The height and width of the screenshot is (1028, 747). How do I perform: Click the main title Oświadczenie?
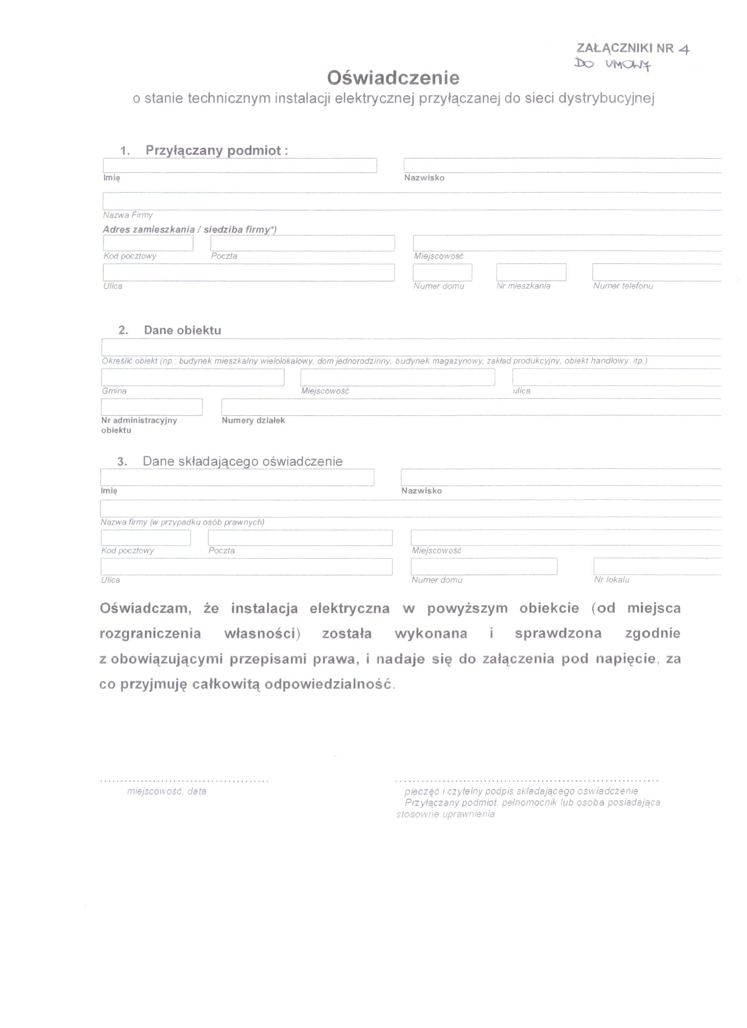tap(393, 78)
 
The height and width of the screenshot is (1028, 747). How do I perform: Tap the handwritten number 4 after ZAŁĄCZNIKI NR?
tap(684, 49)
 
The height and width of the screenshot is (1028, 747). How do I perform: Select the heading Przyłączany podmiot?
tap(216, 151)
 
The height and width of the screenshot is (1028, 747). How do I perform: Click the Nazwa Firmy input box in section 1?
tap(412, 201)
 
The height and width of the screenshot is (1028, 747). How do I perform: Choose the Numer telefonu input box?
tap(656, 272)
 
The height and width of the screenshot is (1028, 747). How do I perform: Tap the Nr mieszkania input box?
tap(531, 272)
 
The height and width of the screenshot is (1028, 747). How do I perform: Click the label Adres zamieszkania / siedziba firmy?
tap(189, 229)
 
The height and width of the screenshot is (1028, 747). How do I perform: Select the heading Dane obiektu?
tap(182, 330)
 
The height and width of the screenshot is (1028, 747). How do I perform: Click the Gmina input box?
tap(192, 377)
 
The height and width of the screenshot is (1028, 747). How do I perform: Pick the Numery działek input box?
tap(471, 407)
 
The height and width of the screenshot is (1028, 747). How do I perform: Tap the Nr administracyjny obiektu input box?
tap(152, 407)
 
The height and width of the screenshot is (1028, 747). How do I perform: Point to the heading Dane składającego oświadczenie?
tap(243, 461)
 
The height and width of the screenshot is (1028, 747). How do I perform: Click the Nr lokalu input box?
tap(657, 567)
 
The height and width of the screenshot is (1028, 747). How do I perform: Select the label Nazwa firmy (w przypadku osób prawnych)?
tap(182, 522)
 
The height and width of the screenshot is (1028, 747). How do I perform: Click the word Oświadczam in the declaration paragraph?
tap(145, 608)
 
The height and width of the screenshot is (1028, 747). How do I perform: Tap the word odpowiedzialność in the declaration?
tap(328, 684)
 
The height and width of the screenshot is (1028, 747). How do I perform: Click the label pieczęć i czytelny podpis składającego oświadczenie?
tap(521, 791)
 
